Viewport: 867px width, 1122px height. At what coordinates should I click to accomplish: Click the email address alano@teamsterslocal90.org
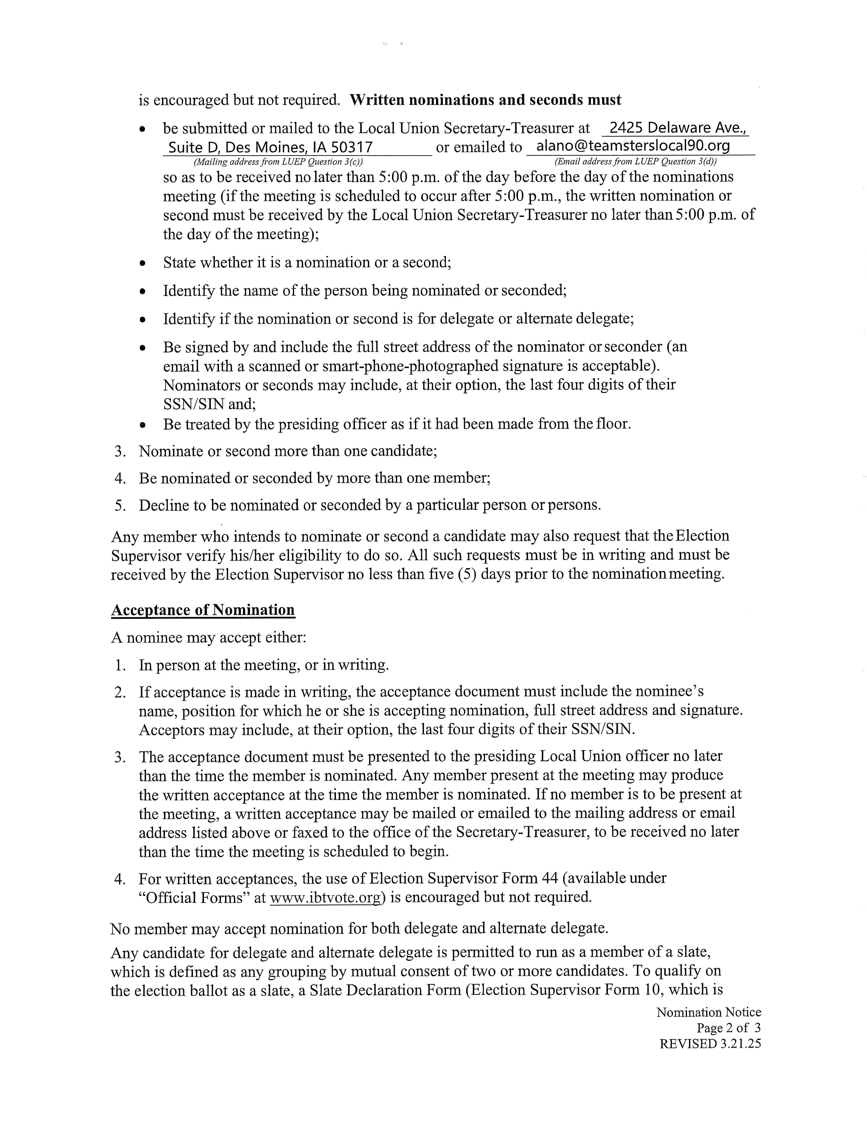click(x=633, y=146)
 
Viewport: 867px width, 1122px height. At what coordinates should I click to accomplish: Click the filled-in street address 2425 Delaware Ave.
click(x=675, y=128)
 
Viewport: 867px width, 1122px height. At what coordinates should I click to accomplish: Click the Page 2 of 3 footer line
click(x=728, y=1028)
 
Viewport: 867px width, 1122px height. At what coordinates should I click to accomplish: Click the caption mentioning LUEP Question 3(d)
click(x=636, y=162)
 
